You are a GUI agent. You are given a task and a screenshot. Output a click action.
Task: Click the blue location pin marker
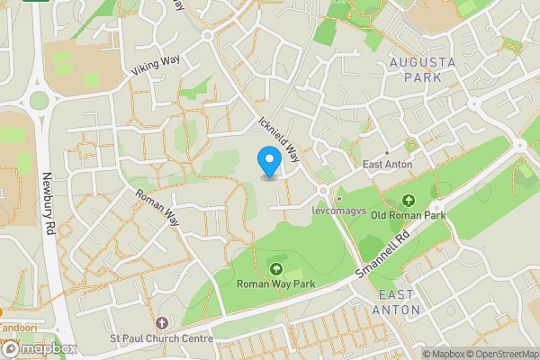pyautogui.click(x=269, y=161)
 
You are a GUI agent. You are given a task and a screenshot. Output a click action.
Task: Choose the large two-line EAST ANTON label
pyautogui.click(x=397, y=302)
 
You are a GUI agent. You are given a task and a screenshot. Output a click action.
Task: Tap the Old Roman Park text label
pyautogui.click(x=409, y=216)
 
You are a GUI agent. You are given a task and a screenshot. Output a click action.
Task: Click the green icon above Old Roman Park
pyautogui.click(x=409, y=200)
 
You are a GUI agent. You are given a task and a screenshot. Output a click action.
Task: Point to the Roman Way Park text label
pyautogui.click(x=274, y=284)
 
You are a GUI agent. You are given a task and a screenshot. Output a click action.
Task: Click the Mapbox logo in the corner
pyautogui.click(x=38, y=348)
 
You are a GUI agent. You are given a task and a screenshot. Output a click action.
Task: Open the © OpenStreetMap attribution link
pyautogui.click(x=502, y=354)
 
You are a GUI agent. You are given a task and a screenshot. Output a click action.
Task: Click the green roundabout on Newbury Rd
pyautogui.click(x=39, y=100)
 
